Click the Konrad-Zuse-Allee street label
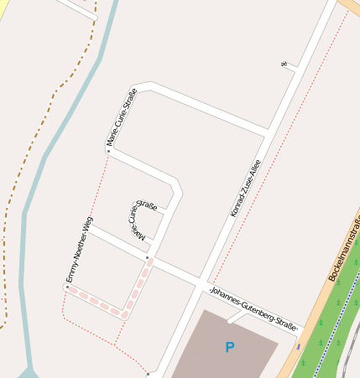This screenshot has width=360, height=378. click(x=245, y=189)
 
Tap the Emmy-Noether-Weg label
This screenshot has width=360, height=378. click(x=79, y=249)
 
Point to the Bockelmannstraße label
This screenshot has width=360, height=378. click(x=343, y=249)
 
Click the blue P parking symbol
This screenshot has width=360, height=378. click(x=229, y=346)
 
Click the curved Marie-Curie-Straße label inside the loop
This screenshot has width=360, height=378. click(x=141, y=220)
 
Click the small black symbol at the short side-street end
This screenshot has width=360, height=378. click(x=284, y=64)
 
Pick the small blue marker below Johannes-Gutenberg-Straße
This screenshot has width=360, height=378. click(x=298, y=345)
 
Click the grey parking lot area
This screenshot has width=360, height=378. click(x=210, y=352)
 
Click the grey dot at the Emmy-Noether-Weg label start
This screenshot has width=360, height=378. click(x=66, y=287)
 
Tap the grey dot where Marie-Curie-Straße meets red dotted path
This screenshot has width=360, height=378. click(x=108, y=151)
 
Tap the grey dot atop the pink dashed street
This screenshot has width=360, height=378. click(x=148, y=258)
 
